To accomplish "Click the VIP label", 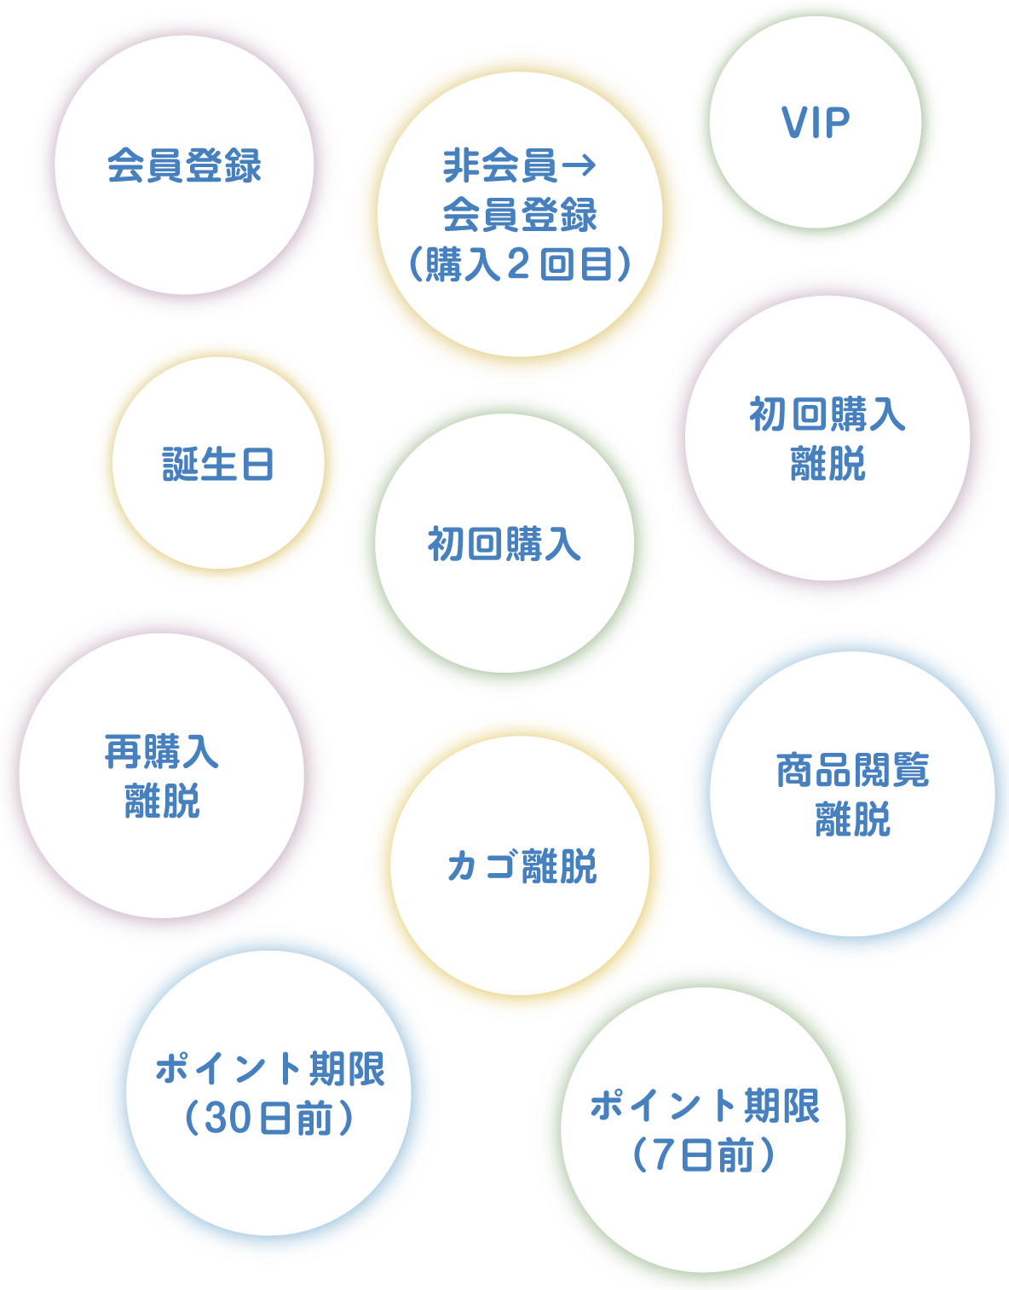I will tap(816, 124).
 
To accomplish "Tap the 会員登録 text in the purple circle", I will tap(184, 165).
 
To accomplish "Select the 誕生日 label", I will tap(218, 465).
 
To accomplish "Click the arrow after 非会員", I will tap(579, 165).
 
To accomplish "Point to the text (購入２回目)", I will tap(520, 264).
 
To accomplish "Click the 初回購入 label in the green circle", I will tap(504, 544).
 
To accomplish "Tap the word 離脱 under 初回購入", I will tap(827, 465).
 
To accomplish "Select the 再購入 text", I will tap(161, 752).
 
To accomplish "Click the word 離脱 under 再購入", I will tap(162, 801).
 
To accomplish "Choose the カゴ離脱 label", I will tap(522, 866).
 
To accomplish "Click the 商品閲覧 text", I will tap(852, 771).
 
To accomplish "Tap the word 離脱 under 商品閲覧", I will tap(852, 820).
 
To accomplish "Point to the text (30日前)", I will tap(269, 1119).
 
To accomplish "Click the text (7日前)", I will tap(704, 1156).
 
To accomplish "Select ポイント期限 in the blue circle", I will tap(269, 1069).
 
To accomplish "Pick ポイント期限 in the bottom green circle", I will tap(704, 1106).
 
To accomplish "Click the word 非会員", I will tap(499, 165).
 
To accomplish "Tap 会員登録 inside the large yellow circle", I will tap(520, 215).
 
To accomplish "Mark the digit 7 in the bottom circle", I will tap(664, 1156).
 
